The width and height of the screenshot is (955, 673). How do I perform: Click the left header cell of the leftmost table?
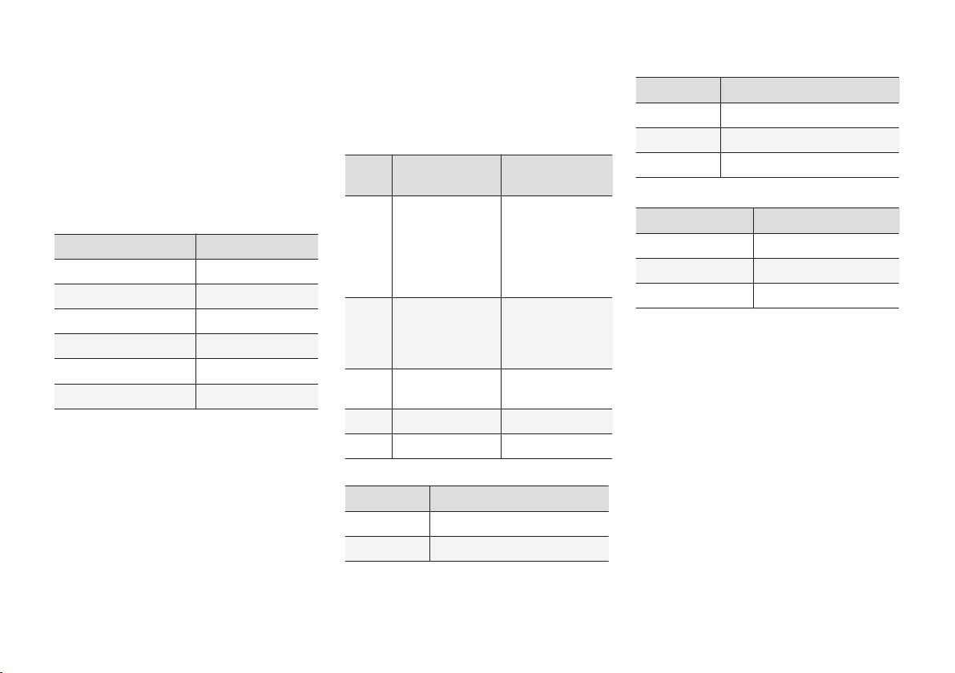pyautogui.click(x=125, y=246)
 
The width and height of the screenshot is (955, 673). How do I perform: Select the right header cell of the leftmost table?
pyautogui.click(x=256, y=246)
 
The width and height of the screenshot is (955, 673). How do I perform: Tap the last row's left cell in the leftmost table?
pyautogui.click(x=125, y=397)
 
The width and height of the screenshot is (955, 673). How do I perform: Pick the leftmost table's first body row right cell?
pyautogui.click(x=256, y=271)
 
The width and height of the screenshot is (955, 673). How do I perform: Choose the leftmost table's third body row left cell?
pyautogui.click(x=125, y=321)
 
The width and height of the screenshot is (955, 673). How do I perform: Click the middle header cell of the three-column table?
pyautogui.click(x=446, y=175)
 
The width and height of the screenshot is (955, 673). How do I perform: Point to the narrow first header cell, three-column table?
pyautogui.click(x=369, y=175)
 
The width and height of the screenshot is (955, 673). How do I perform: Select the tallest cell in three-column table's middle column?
pyautogui.click(x=446, y=246)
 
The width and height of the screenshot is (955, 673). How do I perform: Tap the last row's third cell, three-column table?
pyautogui.click(x=556, y=446)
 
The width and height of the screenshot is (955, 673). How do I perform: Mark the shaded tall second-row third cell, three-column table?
pyautogui.click(x=556, y=332)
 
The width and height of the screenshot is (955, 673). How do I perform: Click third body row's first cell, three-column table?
pyautogui.click(x=369, y=389)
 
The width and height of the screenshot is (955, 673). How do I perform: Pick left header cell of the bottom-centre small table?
pyautogui.click(x=387, y=498)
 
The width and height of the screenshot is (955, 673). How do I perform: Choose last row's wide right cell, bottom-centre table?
pyautogui.click(x=518, y=549)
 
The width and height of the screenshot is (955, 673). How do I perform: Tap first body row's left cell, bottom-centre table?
pyautogui.click(x=387, y=524)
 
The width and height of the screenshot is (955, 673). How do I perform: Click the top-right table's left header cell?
pyautogui.click(x=678, y=90)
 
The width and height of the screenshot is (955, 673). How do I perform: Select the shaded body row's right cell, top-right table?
pyautogui.click(x=809, y=139)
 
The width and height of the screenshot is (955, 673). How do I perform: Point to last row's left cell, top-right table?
pyautogui.click(x=678, y=164)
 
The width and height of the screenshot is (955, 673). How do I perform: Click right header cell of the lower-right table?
pyautogui.click(x=825, y=220)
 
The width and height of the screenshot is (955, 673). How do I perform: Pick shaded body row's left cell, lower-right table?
pyautogui.click(x=695, y=271)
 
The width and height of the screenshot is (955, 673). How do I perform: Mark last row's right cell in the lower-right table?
pyautogui.click(x=825, y=296)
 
